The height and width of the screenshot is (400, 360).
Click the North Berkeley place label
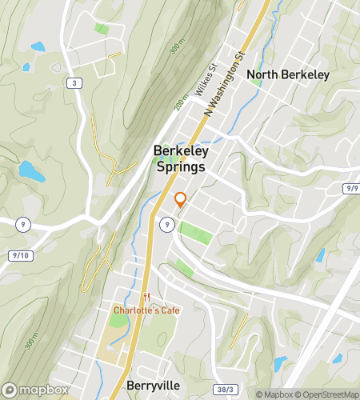tap(288, 75)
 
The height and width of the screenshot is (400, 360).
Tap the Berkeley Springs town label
tap(180, 159)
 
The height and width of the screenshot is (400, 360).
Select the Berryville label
tap(154, 384)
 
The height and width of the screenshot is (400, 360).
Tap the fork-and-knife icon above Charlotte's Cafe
tap(146, 297)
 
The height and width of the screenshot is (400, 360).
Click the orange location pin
tap(180, 200)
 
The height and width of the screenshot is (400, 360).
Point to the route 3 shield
tap(74, 82)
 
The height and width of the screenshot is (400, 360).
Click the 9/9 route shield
tap(352, 188)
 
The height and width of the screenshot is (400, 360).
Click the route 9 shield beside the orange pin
tap(166, 225)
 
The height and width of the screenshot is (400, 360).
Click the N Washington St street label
tap(223, 86)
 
